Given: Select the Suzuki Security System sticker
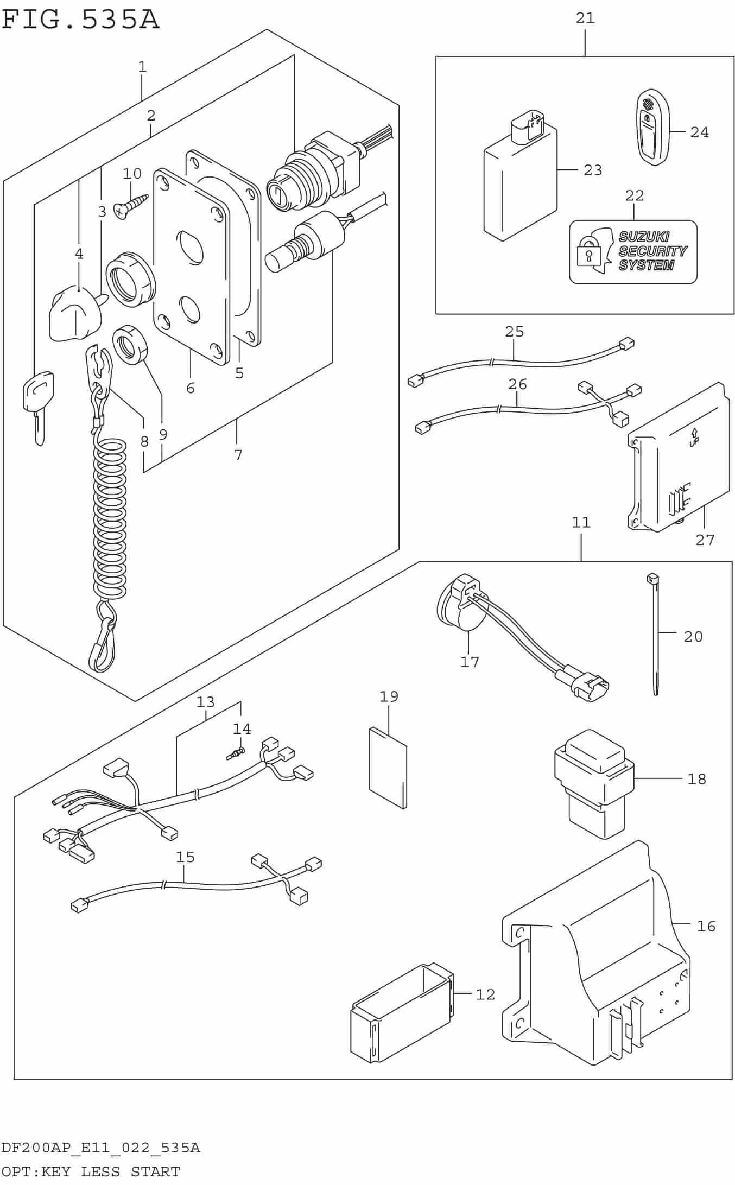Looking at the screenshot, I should click(x=633, y=252).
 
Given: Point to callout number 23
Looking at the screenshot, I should click(x=592, y=170).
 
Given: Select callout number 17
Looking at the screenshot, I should click(x=470, y=662).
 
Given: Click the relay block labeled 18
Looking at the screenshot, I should click(x=593, y=782).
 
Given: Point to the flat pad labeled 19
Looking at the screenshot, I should click(x=388, y=767).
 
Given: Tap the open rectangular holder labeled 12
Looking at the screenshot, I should click(x=401, y=1012).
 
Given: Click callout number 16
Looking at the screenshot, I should click(x=706, y=926).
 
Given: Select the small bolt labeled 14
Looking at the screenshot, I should click(x=235, y=753).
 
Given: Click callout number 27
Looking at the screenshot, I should click(x=705, y=540).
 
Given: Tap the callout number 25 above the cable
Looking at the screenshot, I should click(x=514, y=331).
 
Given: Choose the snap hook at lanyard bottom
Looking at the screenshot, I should click(x=102, y=646).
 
